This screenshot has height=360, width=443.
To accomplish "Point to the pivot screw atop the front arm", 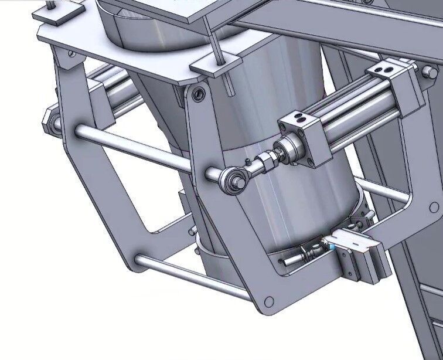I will click(201, 93).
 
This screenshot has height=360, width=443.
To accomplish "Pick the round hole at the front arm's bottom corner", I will click(269, 301).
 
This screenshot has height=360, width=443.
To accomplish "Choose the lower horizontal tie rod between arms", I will click(193, 279).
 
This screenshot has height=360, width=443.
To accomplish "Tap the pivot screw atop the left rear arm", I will click(71, 53).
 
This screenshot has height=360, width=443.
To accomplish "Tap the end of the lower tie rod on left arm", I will click(140, 260).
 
